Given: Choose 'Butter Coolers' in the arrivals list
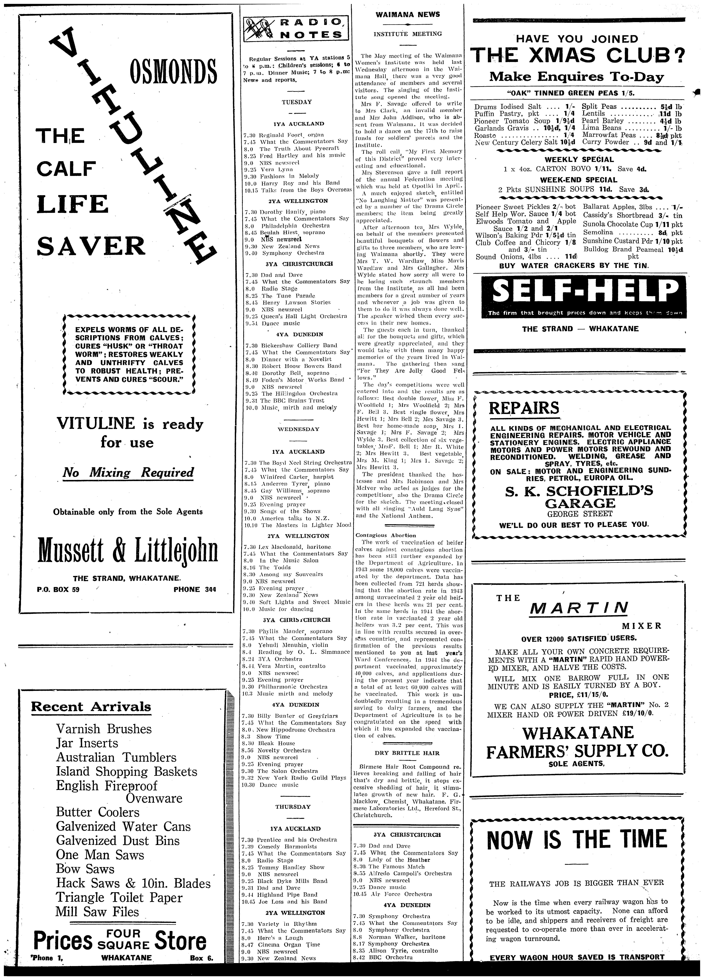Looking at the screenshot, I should [x=98, y=812].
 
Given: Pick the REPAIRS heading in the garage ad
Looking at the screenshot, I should [x=524, y=408].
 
